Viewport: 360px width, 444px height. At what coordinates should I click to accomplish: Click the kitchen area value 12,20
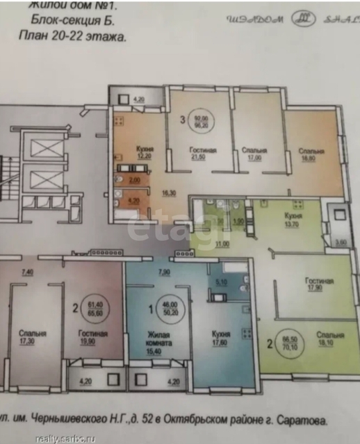click(x=145, y=157)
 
